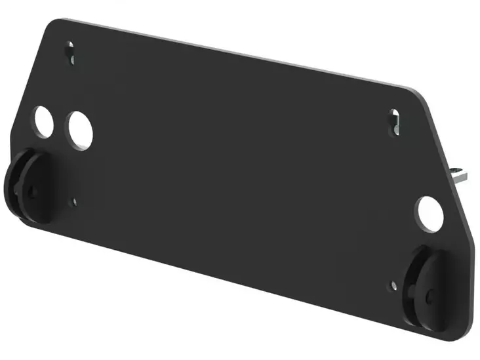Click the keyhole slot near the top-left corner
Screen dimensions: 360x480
pos(71,51)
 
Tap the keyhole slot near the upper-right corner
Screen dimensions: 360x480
pos(395,122)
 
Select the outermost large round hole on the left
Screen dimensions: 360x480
pos(44,121)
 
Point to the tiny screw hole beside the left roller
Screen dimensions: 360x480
pos(74,202)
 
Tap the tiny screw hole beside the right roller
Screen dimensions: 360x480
pos(393,285)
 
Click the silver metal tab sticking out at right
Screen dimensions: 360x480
pos(462,174)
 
